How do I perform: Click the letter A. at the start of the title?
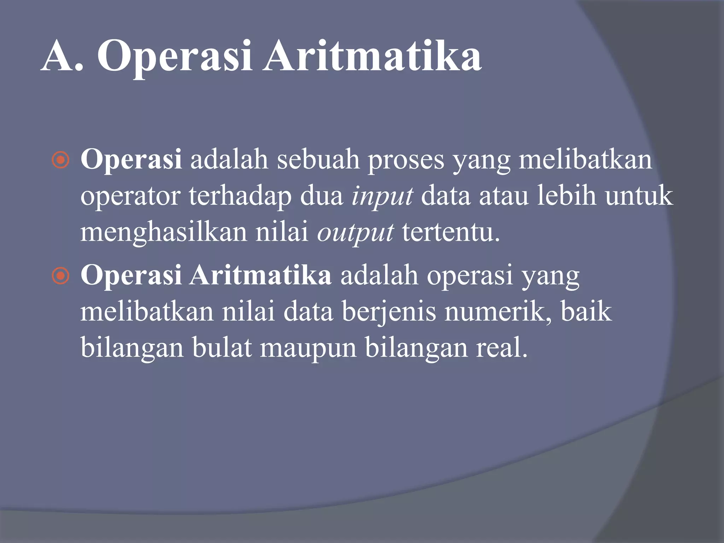click(62, 57)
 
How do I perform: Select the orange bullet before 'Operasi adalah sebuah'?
click(60, 160)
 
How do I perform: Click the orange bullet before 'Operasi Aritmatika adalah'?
click(60, 276)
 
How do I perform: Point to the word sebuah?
click(318, 160)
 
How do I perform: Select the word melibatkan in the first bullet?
click(585, 160)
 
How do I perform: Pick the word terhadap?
click(240, 197)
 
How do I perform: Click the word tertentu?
click(451, 233)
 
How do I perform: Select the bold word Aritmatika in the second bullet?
click(261, 275)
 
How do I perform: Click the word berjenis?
click(389, 313)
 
